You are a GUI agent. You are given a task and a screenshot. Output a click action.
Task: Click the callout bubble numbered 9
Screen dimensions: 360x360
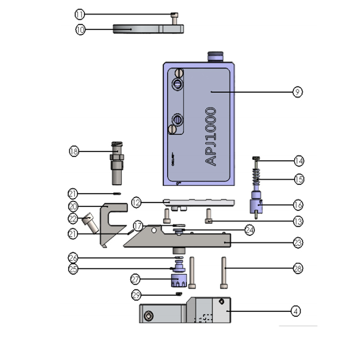point(297,92)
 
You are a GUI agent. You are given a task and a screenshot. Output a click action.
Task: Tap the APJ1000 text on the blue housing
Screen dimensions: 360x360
point(211,137)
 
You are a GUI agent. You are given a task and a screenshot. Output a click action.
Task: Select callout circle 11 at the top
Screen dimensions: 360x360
point(80,14)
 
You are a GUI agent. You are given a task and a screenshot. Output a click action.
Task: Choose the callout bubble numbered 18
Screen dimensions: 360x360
point(74,151)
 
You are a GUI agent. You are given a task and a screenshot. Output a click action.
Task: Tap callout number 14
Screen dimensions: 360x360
point(298,161)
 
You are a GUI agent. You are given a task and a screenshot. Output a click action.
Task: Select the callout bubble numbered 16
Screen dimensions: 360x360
point(298,205)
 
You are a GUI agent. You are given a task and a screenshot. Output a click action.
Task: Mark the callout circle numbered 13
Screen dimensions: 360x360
point(298,221)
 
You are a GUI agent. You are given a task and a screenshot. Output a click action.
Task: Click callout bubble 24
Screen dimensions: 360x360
point(250,229)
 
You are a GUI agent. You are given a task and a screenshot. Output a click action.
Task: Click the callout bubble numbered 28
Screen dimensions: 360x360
point(298,269)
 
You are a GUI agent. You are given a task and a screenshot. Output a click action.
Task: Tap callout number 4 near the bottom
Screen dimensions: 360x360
point(296,310)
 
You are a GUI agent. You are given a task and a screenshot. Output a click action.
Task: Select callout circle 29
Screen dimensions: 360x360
point(137,295)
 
